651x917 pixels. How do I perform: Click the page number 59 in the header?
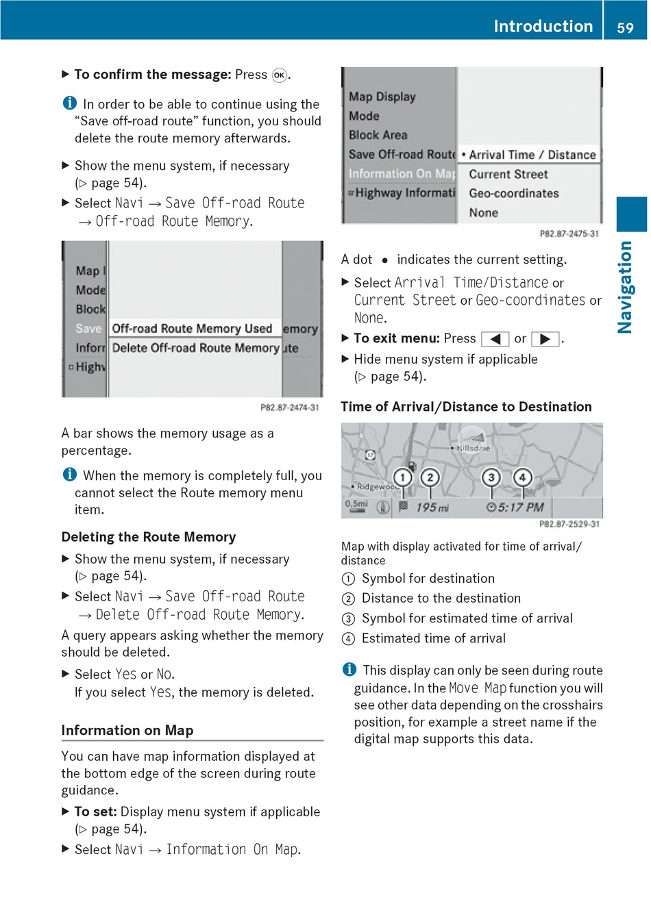point(625,27)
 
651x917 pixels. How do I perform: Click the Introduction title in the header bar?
point(543,26)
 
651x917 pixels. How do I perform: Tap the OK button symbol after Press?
point(279,75)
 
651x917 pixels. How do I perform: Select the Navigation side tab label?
point(625,287)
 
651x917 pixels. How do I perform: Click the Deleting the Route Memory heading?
point(149,537)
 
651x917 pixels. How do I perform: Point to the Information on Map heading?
point(127,730)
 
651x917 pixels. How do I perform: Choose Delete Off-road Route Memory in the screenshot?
point(196,348)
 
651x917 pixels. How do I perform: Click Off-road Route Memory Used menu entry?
point(192,329)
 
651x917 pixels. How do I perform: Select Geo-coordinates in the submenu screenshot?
point(514,194)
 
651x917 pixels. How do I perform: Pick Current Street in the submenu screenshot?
point(508,175)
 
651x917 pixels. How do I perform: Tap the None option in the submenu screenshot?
point(484,213)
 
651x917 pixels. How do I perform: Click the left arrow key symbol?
point(495,339)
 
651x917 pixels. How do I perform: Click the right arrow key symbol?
point(545,339)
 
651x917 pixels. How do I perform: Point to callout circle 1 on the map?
point(403,477)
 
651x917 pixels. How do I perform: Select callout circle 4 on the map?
point(522,477)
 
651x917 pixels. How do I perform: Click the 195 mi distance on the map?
point(432,507)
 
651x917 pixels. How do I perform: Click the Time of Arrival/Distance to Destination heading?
point(466,407)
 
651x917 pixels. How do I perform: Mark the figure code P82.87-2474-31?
point(290,407)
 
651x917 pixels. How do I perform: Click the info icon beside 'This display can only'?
point(349,670)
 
